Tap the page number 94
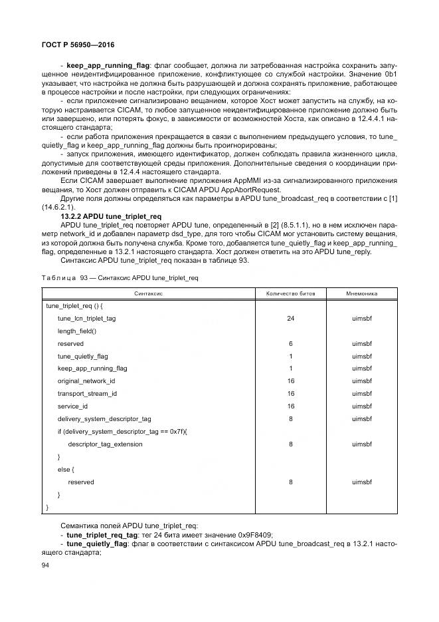point(45,565)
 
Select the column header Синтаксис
point(148,293)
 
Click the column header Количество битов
point(291,293)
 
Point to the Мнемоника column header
point(362,293)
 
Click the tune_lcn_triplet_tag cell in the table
point(86,319)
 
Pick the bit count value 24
point(291,319)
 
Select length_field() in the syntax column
point(76,331)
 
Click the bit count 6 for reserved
point(291,344)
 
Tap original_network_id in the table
point(86,381)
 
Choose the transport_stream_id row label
point(87,394)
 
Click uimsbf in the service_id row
point(362,406)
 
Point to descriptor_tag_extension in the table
point(105,444)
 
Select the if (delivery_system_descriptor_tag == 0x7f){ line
point(122,431)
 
